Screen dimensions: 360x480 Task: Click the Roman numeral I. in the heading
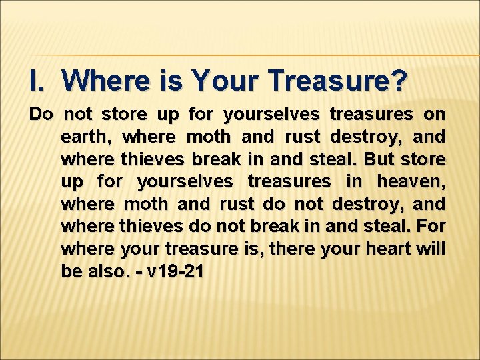(x=39, y=81)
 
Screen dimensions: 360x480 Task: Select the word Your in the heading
(x=220, y=81)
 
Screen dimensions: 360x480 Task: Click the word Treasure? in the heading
(x=338, y=81)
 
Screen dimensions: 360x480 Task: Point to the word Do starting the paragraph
(x=41, y=115)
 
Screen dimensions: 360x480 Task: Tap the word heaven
(x=411, y=181)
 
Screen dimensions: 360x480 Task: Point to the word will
(x=432, y=249)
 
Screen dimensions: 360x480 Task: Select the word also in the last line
(x=107, y=271)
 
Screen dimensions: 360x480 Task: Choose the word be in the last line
(x=69, y=271)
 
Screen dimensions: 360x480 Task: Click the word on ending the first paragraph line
(x=435, y=115)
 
